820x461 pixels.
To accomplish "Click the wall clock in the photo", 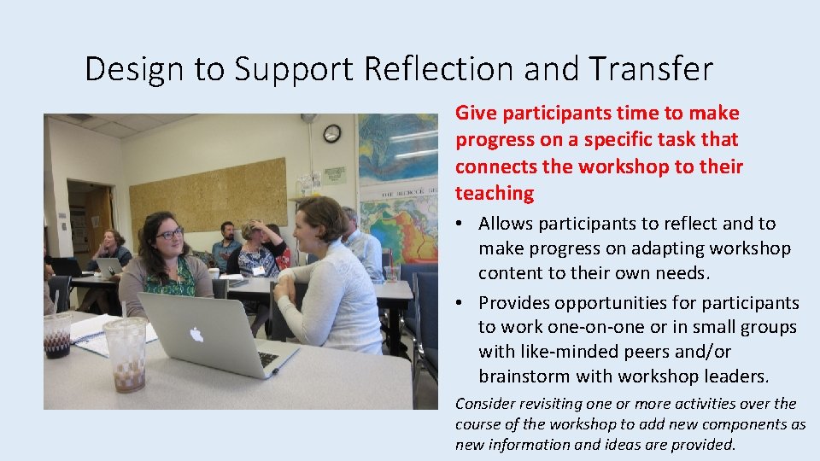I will (x=331, y=133).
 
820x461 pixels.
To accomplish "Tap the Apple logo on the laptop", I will (x=196, y=336).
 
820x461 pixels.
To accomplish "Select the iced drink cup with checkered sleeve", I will (x=126, y=353).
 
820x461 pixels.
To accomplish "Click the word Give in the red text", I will (x=475, y=114).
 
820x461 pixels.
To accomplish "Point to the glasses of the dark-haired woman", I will (x=169, y=232).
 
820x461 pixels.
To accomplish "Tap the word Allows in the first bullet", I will (x=506, y=225).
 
